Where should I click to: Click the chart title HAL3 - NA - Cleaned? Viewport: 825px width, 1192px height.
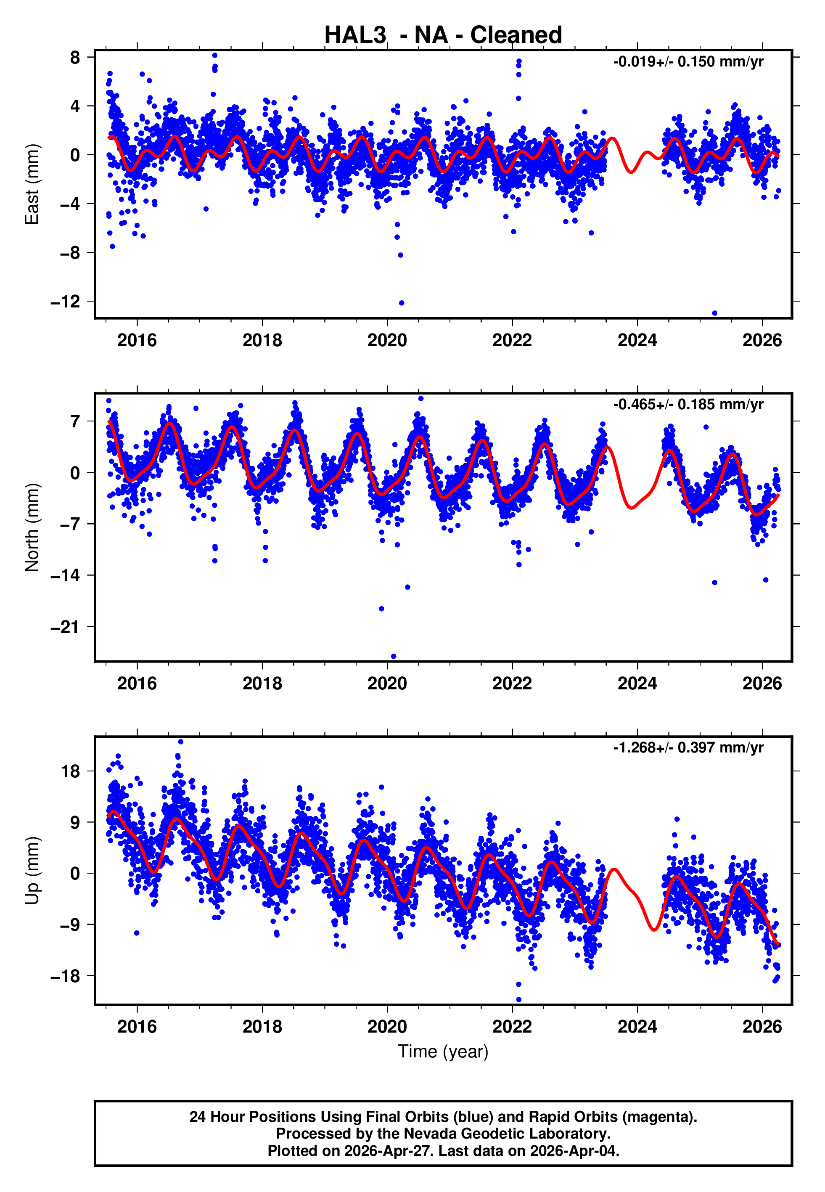443,35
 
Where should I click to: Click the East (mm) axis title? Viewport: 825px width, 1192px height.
32,184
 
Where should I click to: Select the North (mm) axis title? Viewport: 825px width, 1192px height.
32,527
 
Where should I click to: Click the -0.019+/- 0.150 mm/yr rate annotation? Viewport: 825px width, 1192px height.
688,62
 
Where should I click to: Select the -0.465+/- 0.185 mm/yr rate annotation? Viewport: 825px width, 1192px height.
688,405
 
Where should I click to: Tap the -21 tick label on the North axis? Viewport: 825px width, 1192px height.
66,627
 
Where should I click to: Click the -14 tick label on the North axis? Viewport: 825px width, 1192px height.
66,575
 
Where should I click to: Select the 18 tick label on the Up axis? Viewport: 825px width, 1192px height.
71,772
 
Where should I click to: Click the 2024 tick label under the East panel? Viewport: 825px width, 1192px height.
637,341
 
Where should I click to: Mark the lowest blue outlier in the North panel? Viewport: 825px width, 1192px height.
394,657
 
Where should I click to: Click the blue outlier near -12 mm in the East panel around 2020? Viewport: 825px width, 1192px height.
402,303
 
